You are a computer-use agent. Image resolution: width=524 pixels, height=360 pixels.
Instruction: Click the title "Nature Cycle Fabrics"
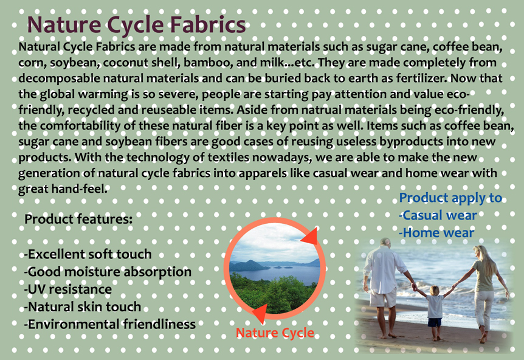[x=136, y=25]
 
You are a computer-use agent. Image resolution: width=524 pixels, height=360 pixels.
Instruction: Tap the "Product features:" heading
[x=78, y=220]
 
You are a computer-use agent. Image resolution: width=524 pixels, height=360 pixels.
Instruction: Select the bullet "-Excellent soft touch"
[x=88, y=254]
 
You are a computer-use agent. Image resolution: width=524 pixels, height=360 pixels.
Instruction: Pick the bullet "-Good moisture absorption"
[x=108, y=272]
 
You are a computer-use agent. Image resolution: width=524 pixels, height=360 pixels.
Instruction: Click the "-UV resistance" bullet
[x=68, y=289]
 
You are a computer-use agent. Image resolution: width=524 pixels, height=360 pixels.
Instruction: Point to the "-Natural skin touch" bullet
[x=83, y=307]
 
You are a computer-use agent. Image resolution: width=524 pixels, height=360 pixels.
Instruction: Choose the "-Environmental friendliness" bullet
[x=110, y=324]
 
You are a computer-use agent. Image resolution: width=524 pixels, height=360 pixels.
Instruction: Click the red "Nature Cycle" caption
[x=275, y=333]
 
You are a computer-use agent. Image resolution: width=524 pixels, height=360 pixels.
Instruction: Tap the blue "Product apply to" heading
[x=450, y=198]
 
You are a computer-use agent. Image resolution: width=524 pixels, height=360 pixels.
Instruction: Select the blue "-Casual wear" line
[x=438, y=216]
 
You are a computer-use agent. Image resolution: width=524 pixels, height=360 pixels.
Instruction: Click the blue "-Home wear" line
[x=436, y=233]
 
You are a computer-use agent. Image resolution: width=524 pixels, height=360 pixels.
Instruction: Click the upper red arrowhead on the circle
[x=310, y=237]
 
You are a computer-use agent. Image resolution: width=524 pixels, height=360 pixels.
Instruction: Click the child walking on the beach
[x=435, y=312]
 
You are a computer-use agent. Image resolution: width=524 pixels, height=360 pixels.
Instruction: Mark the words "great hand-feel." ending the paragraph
[x=63, y=189]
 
